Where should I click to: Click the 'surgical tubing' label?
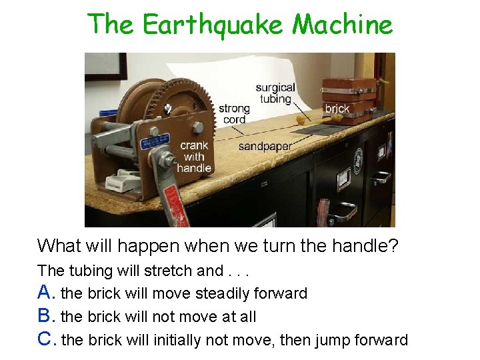275,93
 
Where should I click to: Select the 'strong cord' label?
234,113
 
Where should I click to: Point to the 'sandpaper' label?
265,146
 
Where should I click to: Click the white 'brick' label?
337,109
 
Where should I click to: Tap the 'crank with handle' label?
194,157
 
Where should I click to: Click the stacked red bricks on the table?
348,100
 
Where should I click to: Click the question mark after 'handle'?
393,246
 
